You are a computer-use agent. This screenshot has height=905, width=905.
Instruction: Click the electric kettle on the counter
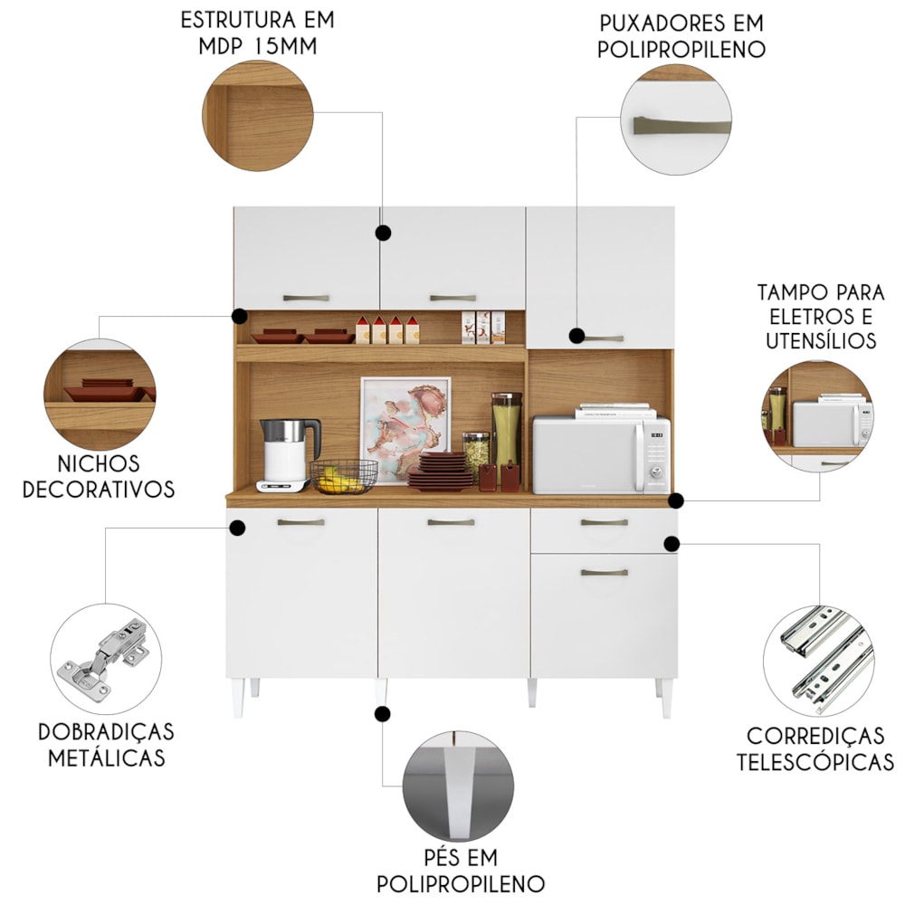coord(289,455)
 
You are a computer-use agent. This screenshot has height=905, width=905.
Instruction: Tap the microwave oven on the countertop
coord(602,455)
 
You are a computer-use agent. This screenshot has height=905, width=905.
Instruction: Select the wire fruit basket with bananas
coord(344,476)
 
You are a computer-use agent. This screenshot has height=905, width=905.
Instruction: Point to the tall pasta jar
coord(506,429)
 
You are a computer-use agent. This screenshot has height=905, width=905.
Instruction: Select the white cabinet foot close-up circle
coord(458,786)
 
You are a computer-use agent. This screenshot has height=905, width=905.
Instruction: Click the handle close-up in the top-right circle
coord(676,119)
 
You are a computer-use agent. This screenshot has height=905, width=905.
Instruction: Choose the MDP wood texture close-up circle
coord(257,116)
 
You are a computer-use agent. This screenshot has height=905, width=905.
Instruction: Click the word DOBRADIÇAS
coord(106,732)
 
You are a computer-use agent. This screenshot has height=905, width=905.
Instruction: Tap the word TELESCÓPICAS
coord(815,762)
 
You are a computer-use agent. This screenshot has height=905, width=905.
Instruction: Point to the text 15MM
coord(285,46)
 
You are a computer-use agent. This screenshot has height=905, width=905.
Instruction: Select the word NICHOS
coord(99,463)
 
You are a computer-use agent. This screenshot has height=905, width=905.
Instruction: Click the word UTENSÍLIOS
coord(821,340)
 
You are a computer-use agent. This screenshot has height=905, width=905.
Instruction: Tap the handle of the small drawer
coord(605,522)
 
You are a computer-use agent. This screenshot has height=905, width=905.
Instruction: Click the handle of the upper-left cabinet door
coord(306,298)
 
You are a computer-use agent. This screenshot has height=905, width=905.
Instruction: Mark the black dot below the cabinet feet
coord(382,714)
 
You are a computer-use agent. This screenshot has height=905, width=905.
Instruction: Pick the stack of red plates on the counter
coord(441,472)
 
